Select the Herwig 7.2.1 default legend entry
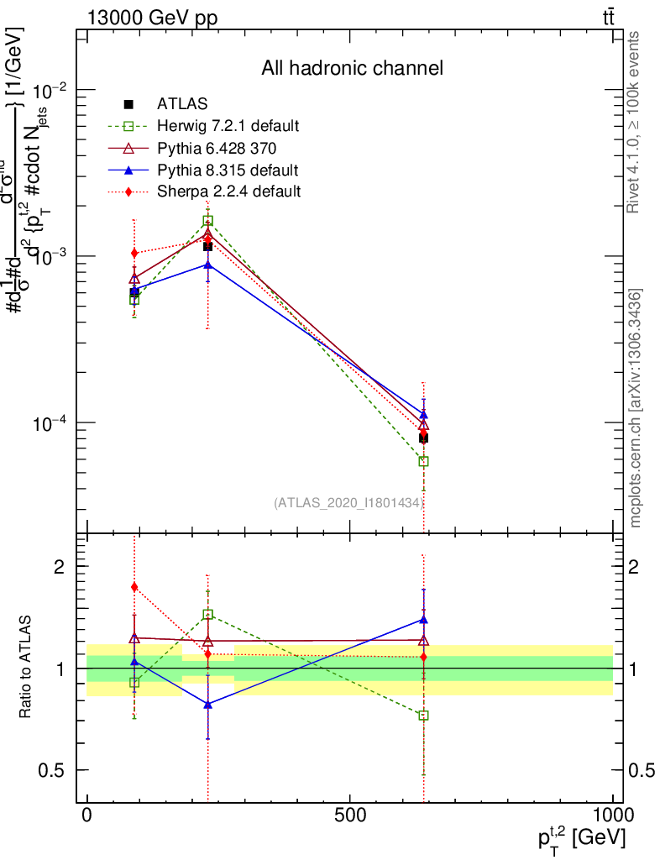pyautogui.click(x=228, y=127)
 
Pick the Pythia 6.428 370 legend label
pyautogui.click(x=217, y=149)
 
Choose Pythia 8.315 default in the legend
pyautogui.click(x=228, y=170)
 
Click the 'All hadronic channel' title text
pyautogui.click(x=352, y=68)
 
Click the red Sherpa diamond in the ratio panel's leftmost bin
pyautogui.click(x=134, y=587)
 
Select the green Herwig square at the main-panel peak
pyautogui.click(x=207, y=221)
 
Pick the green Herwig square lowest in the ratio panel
pyautogui.click(x=424, y=716)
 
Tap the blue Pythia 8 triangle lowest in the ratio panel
pyautogui.click(x=207, y=705)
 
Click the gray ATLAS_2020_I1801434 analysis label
pyautogui.click(x=348, y=502)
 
